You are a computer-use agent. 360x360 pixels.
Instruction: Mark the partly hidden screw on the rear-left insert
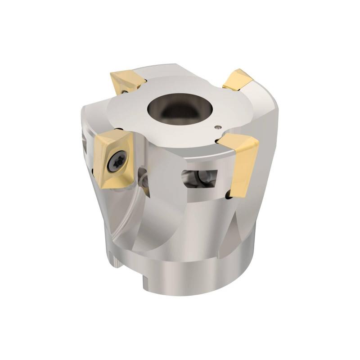click(122, 90)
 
